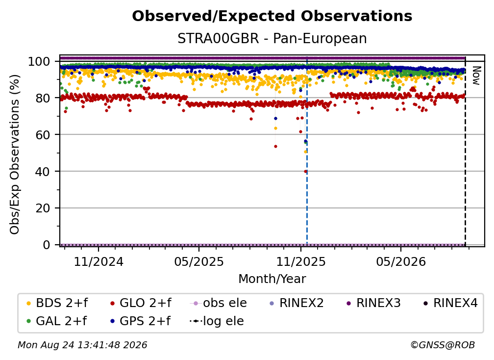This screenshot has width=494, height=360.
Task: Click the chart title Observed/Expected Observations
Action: [x=272, y=16]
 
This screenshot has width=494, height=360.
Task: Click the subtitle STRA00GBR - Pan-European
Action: [x=272, y=38]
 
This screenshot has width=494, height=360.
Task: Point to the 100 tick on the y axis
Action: [x=39, y=61]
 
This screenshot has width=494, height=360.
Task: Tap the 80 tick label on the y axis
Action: [x=43, y=98]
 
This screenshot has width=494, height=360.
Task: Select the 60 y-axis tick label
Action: [x=43, y=134]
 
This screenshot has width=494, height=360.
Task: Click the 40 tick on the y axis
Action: [x=43, y=172]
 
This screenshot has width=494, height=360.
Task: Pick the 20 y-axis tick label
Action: [x=43, y=208]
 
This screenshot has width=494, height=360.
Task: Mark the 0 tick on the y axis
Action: [x=46, y=245]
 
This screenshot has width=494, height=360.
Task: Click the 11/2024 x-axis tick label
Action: [x=99, y=261]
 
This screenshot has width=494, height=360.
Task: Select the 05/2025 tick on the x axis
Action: [x=199, y=261]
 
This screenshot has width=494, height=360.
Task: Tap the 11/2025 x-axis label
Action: [x=301, y=261]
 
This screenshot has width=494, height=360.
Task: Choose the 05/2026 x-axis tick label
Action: [x=401, y=261]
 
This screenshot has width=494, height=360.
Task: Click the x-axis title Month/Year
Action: [x=272, y=279]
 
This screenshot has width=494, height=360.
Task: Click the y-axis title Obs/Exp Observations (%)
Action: [x=15, y=154]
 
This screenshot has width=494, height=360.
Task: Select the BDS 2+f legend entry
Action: [x=57, y=303]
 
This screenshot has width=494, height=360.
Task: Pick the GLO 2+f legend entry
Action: [x=141, y=303]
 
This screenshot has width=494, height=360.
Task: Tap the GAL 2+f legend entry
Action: [x=56, y=321]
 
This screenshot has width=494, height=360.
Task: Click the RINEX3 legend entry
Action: [x=373, y=303]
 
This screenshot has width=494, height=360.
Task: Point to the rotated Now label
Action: [x=476, y=76]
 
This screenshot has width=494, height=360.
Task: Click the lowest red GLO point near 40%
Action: [x=305, y=172]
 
